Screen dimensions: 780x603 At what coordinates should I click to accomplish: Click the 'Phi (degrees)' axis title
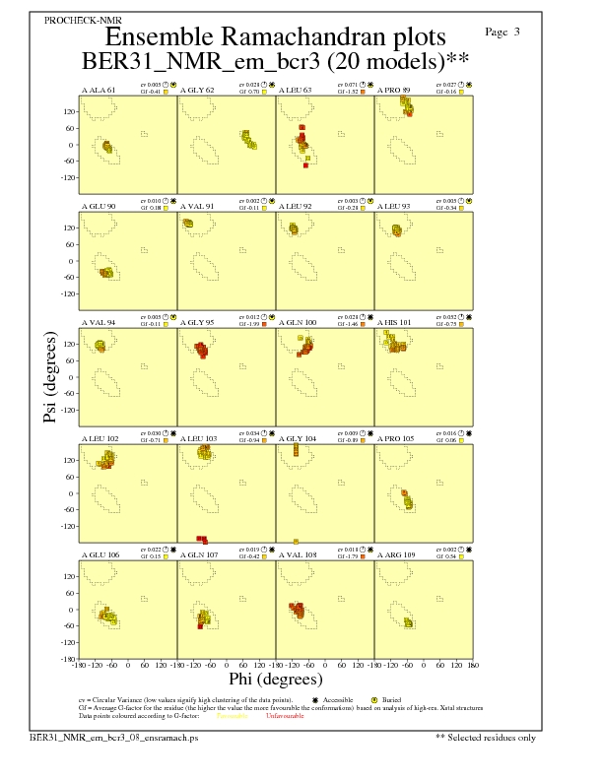pos(276,680)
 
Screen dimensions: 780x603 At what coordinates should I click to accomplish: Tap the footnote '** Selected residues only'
pos(487,737)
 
